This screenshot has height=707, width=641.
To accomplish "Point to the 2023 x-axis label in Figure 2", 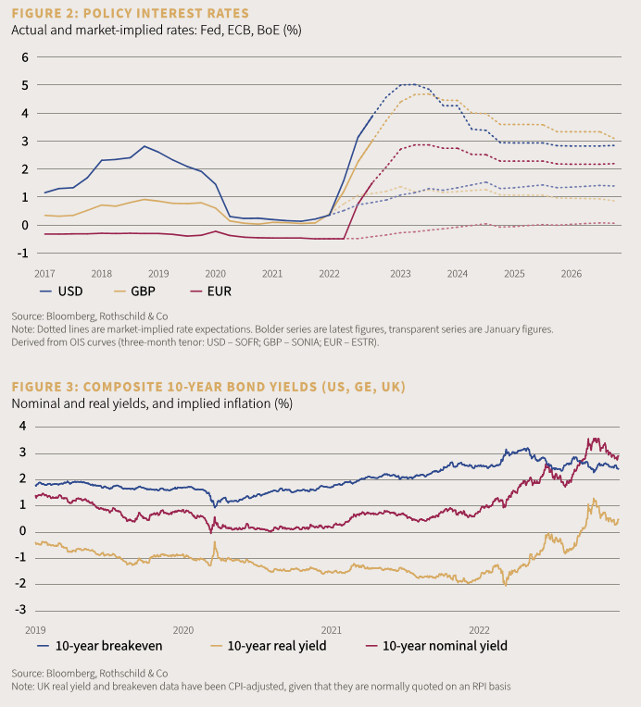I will (401, 274).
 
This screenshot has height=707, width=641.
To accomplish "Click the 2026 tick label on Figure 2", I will (571, 274).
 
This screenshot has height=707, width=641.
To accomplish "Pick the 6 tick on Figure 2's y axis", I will (26, 57).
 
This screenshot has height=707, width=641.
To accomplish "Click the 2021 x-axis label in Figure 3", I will (331, 628).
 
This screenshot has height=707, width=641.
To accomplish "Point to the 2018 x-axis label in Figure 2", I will (101, 274).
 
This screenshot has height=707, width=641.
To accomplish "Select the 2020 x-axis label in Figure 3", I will (182, 628).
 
